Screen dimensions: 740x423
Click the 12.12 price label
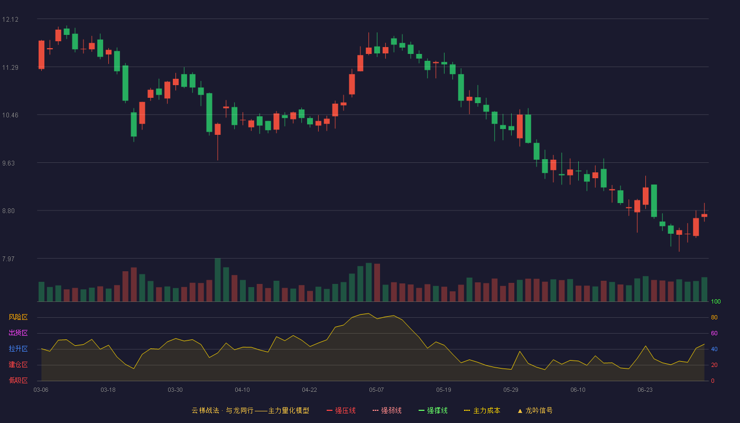tap(10, 20)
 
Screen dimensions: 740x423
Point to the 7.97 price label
tap(8, 259)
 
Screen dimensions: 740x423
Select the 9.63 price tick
tap(8, 163)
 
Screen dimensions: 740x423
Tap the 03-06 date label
tap(41, 390)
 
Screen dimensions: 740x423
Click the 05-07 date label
tap(376, 390)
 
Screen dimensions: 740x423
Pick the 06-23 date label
tap(645, 390)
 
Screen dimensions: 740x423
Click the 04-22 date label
tap(309, 390)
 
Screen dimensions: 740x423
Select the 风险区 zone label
tap(18, 317)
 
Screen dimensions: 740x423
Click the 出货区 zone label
tap(18, 333)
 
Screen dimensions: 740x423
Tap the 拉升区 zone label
tap(18, 348)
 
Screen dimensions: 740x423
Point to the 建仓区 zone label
tap(18, 364)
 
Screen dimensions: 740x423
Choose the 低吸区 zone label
tap(18, 380)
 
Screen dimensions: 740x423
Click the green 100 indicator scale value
tap(716, 301)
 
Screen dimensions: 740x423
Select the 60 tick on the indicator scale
tap(714, 333)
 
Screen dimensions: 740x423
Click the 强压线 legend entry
tap(341, 410)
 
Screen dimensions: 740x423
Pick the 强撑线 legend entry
tap(433, 410)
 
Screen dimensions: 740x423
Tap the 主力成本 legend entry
tap(482, 410)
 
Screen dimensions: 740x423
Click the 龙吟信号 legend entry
tap(535, 410)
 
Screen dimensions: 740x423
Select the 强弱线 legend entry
tap(387, 410)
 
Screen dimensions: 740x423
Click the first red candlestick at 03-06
tap(41, 55)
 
